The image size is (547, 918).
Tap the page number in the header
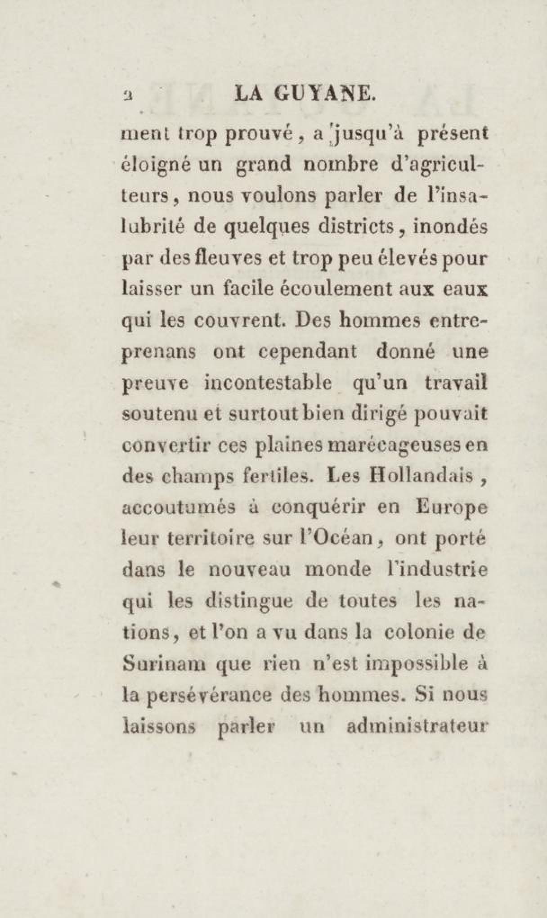coord(128,95)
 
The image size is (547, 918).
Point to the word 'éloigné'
coord(152,165)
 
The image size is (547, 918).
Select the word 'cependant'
coord(308,351)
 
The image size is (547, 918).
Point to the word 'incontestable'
coord(269,382)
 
